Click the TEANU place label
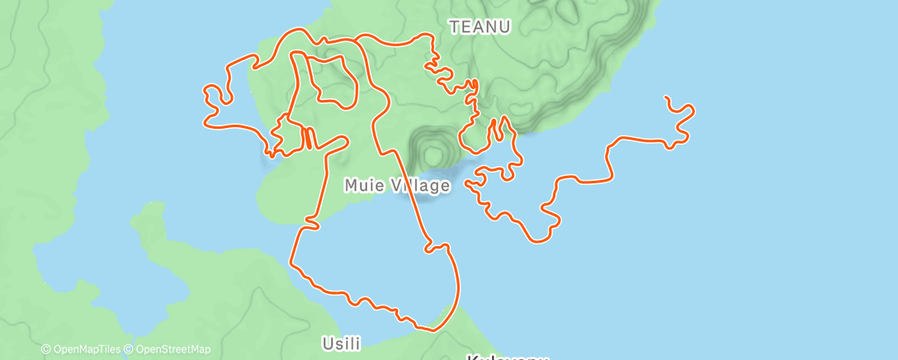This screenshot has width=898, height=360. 480,27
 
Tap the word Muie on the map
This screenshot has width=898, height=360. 361,186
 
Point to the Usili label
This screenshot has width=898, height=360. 341,343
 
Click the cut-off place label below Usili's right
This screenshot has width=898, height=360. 507,357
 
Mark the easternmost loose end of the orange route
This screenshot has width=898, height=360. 666,97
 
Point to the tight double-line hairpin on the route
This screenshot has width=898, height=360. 307,138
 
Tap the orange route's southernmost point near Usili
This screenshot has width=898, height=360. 429,329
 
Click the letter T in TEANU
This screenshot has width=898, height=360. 454,27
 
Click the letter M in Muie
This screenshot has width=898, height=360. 350,186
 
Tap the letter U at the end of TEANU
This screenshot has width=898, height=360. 504,27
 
